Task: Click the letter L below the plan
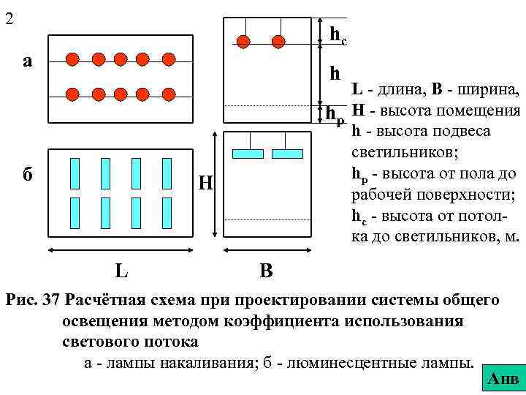(123, 271)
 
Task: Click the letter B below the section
(267, 271)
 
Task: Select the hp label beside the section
(335, 115)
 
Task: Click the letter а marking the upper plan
(27, 60)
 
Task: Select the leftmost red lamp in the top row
(72, 59)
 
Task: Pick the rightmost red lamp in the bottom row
(168, 94)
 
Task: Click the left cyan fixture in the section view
(247, 154)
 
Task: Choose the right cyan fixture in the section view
(287, 154)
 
